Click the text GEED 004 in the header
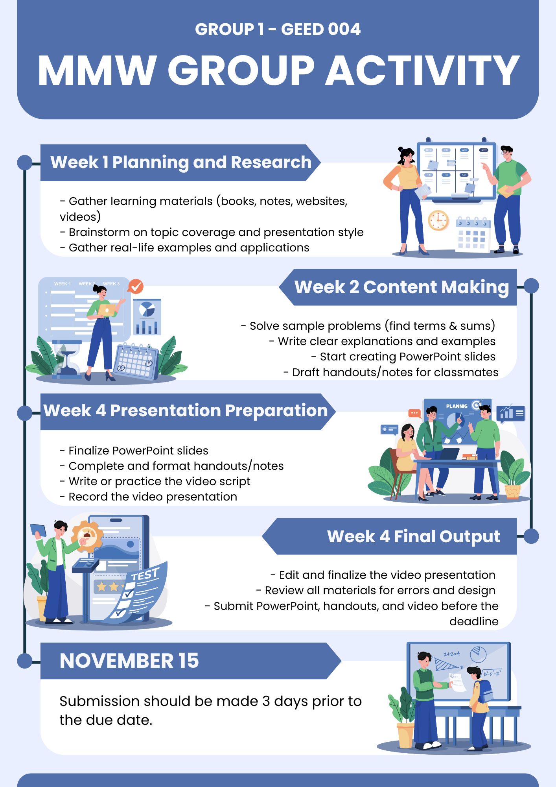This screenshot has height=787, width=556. (321, 30)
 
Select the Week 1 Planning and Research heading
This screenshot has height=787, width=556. (181, 162)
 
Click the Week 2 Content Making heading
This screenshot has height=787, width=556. (401, 287)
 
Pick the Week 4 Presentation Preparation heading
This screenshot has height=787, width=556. (186, 411)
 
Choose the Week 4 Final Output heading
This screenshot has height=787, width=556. (414, 536)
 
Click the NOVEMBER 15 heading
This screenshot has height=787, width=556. (129, 661)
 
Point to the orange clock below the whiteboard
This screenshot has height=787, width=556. (438, 220)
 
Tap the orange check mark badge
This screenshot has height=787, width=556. (136, 286)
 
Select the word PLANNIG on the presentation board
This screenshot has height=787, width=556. (457, 406)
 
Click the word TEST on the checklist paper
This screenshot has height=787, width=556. (145, 575)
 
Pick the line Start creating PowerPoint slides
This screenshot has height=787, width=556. (403, 357)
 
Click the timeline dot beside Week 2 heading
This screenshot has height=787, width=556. (531, 286)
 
